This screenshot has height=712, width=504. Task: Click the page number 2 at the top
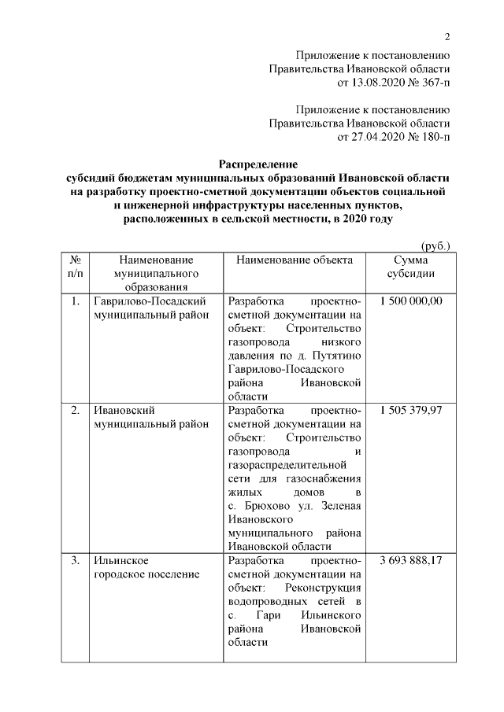(447, 37)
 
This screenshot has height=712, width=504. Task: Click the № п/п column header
(76, 266)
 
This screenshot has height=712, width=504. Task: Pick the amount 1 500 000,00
(410, 301)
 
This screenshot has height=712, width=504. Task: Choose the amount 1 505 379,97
(410, 410)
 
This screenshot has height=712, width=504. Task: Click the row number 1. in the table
(76, 301)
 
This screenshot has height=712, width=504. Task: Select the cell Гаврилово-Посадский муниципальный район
(150, 308)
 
